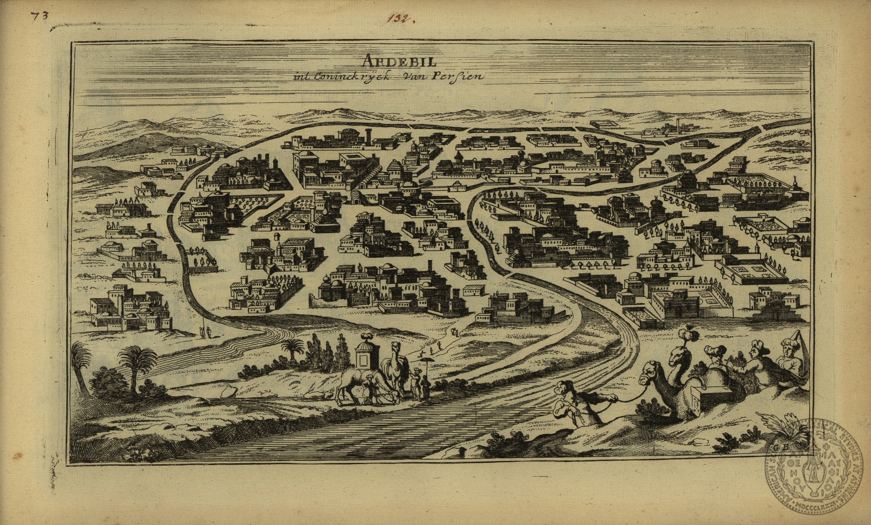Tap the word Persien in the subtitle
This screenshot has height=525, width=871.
click(x=461, y=76)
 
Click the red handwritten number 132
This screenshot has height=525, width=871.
click(x=401, y=20)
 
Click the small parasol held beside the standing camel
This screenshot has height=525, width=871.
click(x=426, y=361)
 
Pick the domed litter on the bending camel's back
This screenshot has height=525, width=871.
click(x=368, y=353)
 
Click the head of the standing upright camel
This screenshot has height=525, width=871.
click(x=396, y=349)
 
